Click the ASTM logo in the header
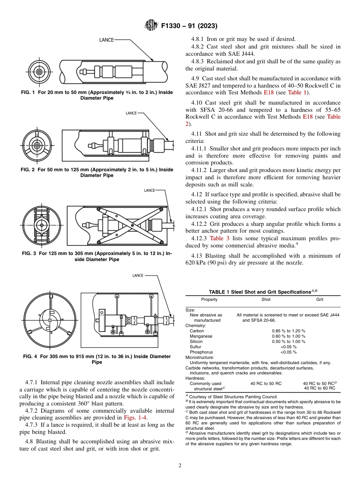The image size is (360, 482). (x=151, y=26)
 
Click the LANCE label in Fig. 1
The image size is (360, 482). (x=106, y=39)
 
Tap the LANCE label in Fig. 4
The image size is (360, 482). (x=138, y=275)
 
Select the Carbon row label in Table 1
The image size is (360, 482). (x=197, y=331)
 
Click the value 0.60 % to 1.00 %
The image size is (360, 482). (x=288, y=336)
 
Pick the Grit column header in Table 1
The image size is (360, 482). (x=319, y=299)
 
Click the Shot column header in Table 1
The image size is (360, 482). (x=266, y=299)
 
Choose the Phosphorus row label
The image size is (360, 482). (x=201, y=352)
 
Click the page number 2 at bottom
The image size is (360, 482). (x=180, y=465)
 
